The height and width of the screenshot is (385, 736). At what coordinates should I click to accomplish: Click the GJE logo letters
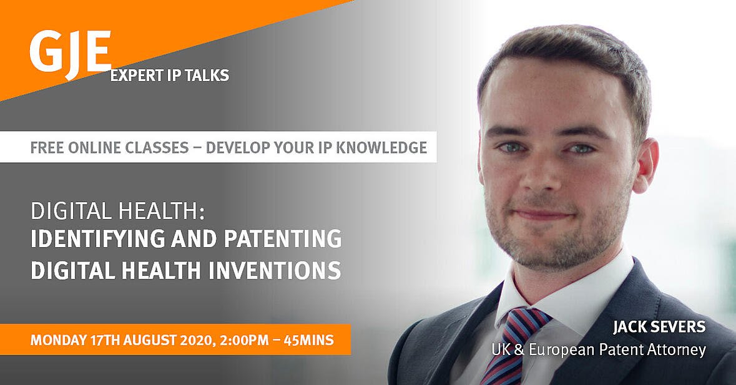pos(70,53)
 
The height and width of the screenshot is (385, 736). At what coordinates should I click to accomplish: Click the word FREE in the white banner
pos(46,147)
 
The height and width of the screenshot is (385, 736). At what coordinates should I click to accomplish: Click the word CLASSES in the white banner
pos(158,147)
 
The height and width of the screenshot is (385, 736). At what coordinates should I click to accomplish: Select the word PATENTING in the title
pos(283,238)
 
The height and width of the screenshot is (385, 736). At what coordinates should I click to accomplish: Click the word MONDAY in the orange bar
pos(57,339)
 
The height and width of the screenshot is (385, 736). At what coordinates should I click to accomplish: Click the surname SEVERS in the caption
pos(677,327)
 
